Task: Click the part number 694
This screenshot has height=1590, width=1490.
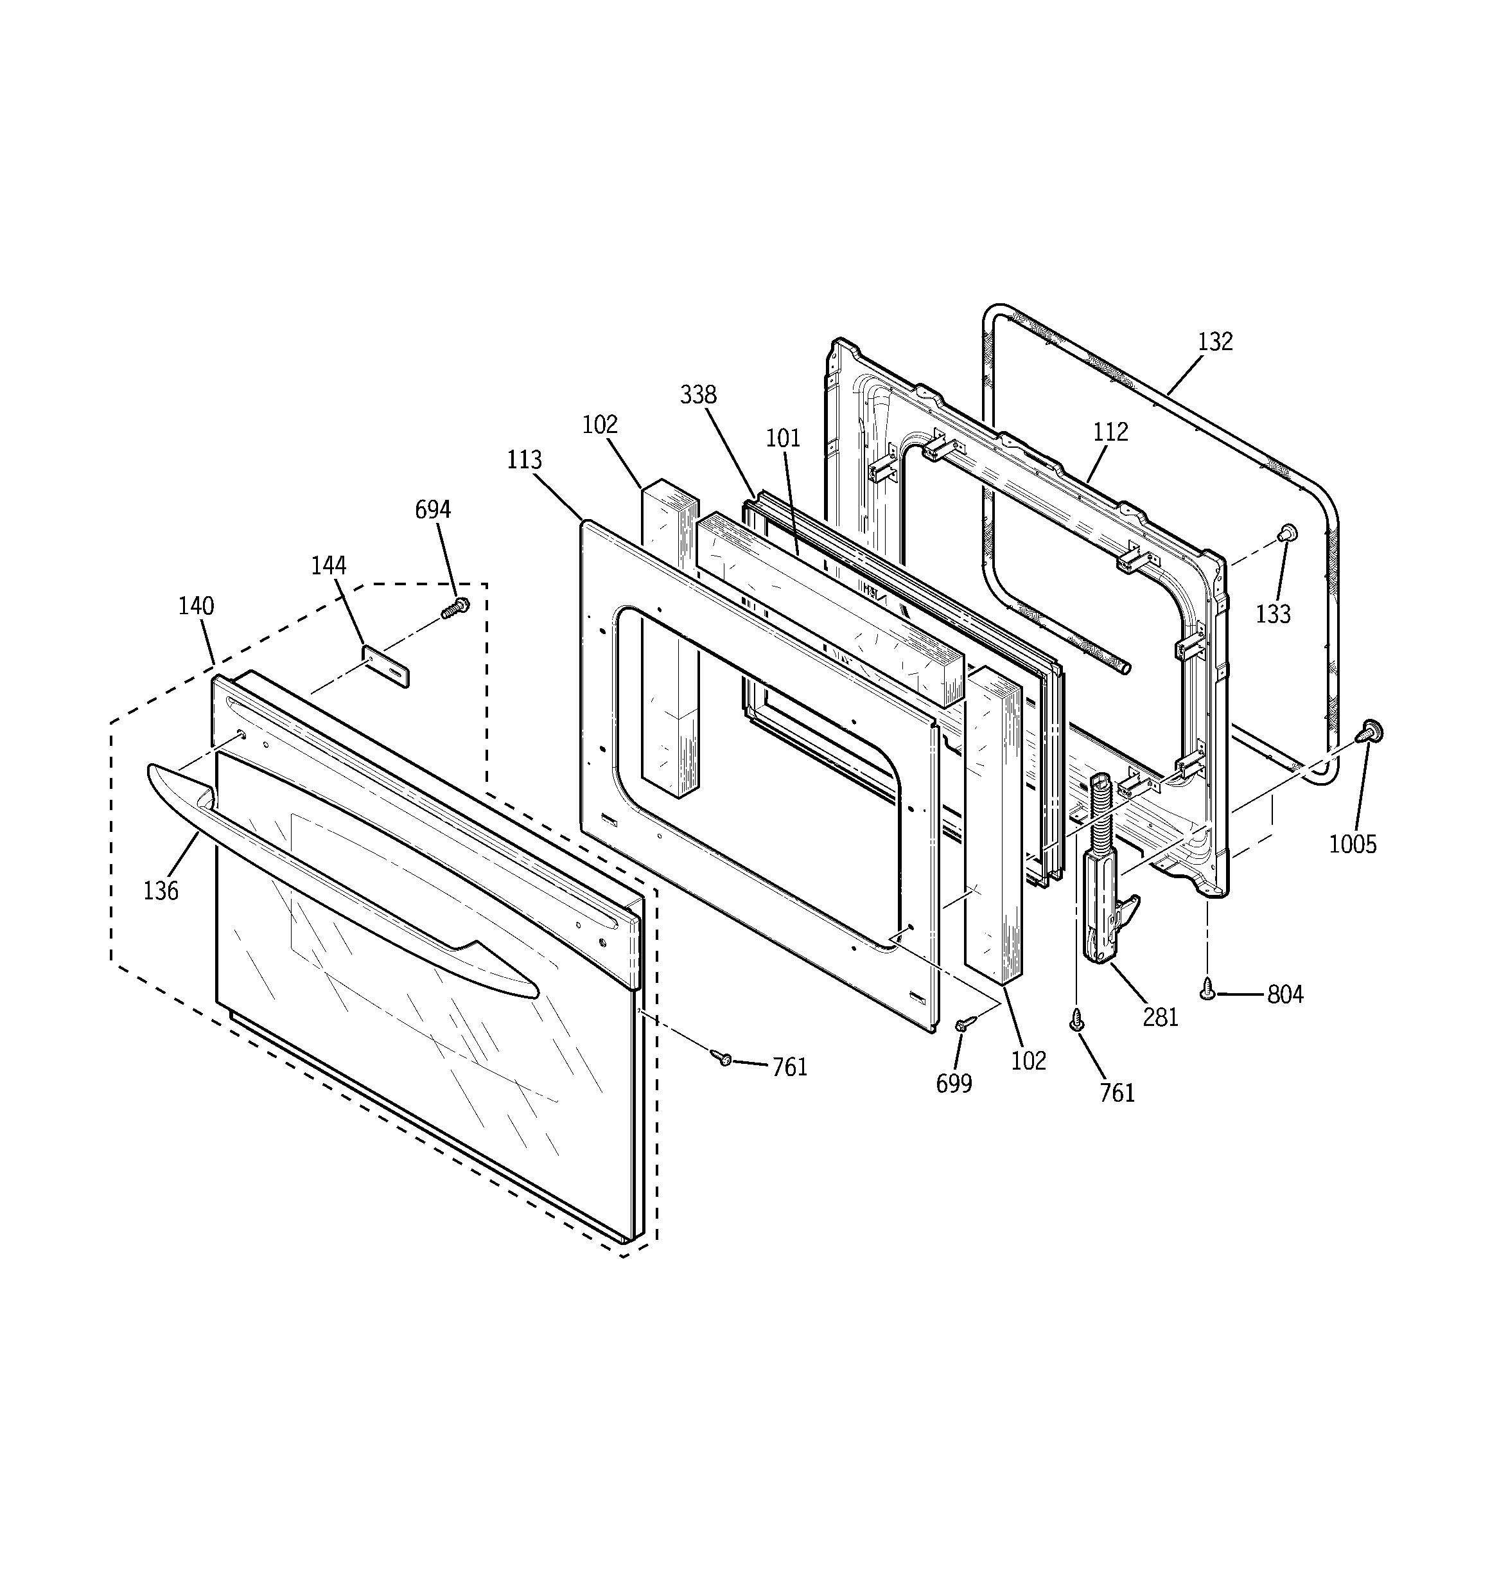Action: click(433, 509)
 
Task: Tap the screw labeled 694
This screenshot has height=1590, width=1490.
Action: click(455, 608)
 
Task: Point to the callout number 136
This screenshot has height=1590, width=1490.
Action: click(161, 890)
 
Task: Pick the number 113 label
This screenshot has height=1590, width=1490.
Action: click(524, 460)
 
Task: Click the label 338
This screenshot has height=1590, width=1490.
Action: click(698, 394)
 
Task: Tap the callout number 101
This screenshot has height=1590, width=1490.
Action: click(783, 437)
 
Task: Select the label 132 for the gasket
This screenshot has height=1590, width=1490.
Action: click(1215, 342)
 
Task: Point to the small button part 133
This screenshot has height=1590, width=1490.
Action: click(1288, 533)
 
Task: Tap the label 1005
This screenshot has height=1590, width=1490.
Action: click(1353, 844)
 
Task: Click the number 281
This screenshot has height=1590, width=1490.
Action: click(1160, 1018)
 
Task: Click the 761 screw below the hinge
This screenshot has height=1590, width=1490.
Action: click(1076, 1018)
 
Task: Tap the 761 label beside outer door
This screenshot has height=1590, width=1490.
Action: click(789, 1067)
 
